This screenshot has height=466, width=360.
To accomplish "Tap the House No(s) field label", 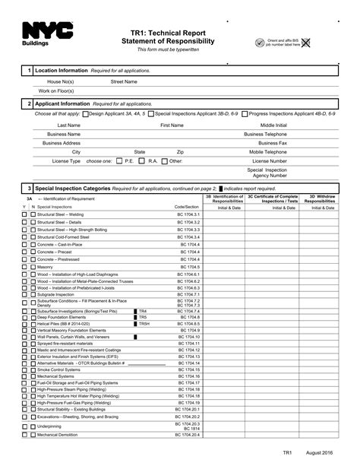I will [x=60, y=81].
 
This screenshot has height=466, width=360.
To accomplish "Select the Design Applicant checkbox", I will [x=85, y=113].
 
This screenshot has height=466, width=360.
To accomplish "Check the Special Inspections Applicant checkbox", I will [x=151, y=113].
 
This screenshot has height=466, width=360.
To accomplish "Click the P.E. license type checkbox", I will [x=118, y=161].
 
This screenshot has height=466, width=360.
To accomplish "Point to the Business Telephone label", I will [x=265, y=133].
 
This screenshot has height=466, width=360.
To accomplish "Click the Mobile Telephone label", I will [x=268, y=151].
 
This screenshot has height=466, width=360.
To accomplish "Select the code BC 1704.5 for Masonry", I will [x=190, y=267].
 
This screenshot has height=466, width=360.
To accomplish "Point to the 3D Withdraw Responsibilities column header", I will [x=319, y=198].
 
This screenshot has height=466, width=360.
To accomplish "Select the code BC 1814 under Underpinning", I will [x=191, y=429].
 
